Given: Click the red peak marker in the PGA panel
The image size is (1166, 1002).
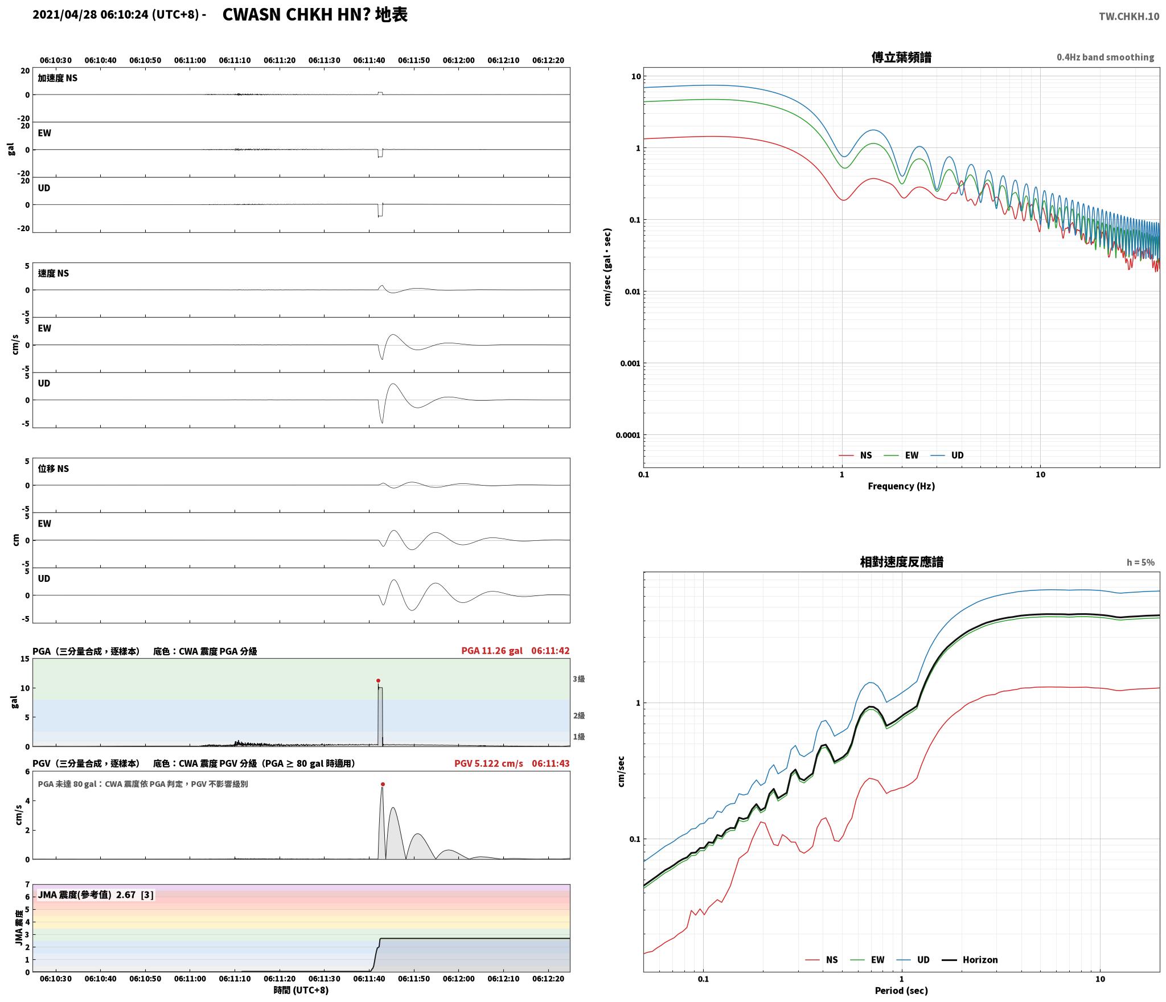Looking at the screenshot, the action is click(x=378, y=680).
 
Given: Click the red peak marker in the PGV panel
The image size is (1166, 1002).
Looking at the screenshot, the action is click(x=383, y=784).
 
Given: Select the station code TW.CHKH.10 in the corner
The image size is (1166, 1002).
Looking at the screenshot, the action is click(x=1129, y=17).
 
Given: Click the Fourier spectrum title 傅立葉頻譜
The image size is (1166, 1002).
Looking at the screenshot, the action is click(x=901, y=58).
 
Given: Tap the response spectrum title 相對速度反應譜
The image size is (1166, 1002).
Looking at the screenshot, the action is click(x=901, y=562).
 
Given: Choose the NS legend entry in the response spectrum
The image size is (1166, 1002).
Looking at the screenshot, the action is click(x=822, y=959).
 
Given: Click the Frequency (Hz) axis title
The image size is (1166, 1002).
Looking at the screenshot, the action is click(x=901, y=486).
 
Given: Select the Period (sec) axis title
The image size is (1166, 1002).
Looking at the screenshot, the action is click(x=901, y=990).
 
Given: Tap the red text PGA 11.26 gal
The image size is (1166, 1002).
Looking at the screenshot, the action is click(x=492, y=650).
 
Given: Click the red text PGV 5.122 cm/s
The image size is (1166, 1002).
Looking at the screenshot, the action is click(x=488, y=763).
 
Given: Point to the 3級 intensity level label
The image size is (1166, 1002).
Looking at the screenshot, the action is click(x=578, y=679).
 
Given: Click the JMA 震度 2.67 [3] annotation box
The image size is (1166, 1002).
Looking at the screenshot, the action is click(x=96, y=894).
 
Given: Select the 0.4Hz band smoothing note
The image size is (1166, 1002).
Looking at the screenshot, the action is click(x=1106, y=57).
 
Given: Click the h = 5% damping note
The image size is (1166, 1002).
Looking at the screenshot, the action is click(x=1140, y=562).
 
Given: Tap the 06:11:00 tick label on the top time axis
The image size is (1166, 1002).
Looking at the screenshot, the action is click(x=190, y=60).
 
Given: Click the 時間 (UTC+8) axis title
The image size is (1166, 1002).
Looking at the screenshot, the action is click(x=301, y=990).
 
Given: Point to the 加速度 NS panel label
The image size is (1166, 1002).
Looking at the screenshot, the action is click(x=58, y=78).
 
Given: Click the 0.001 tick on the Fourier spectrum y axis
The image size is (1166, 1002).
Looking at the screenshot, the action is click(x=630, y=363).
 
